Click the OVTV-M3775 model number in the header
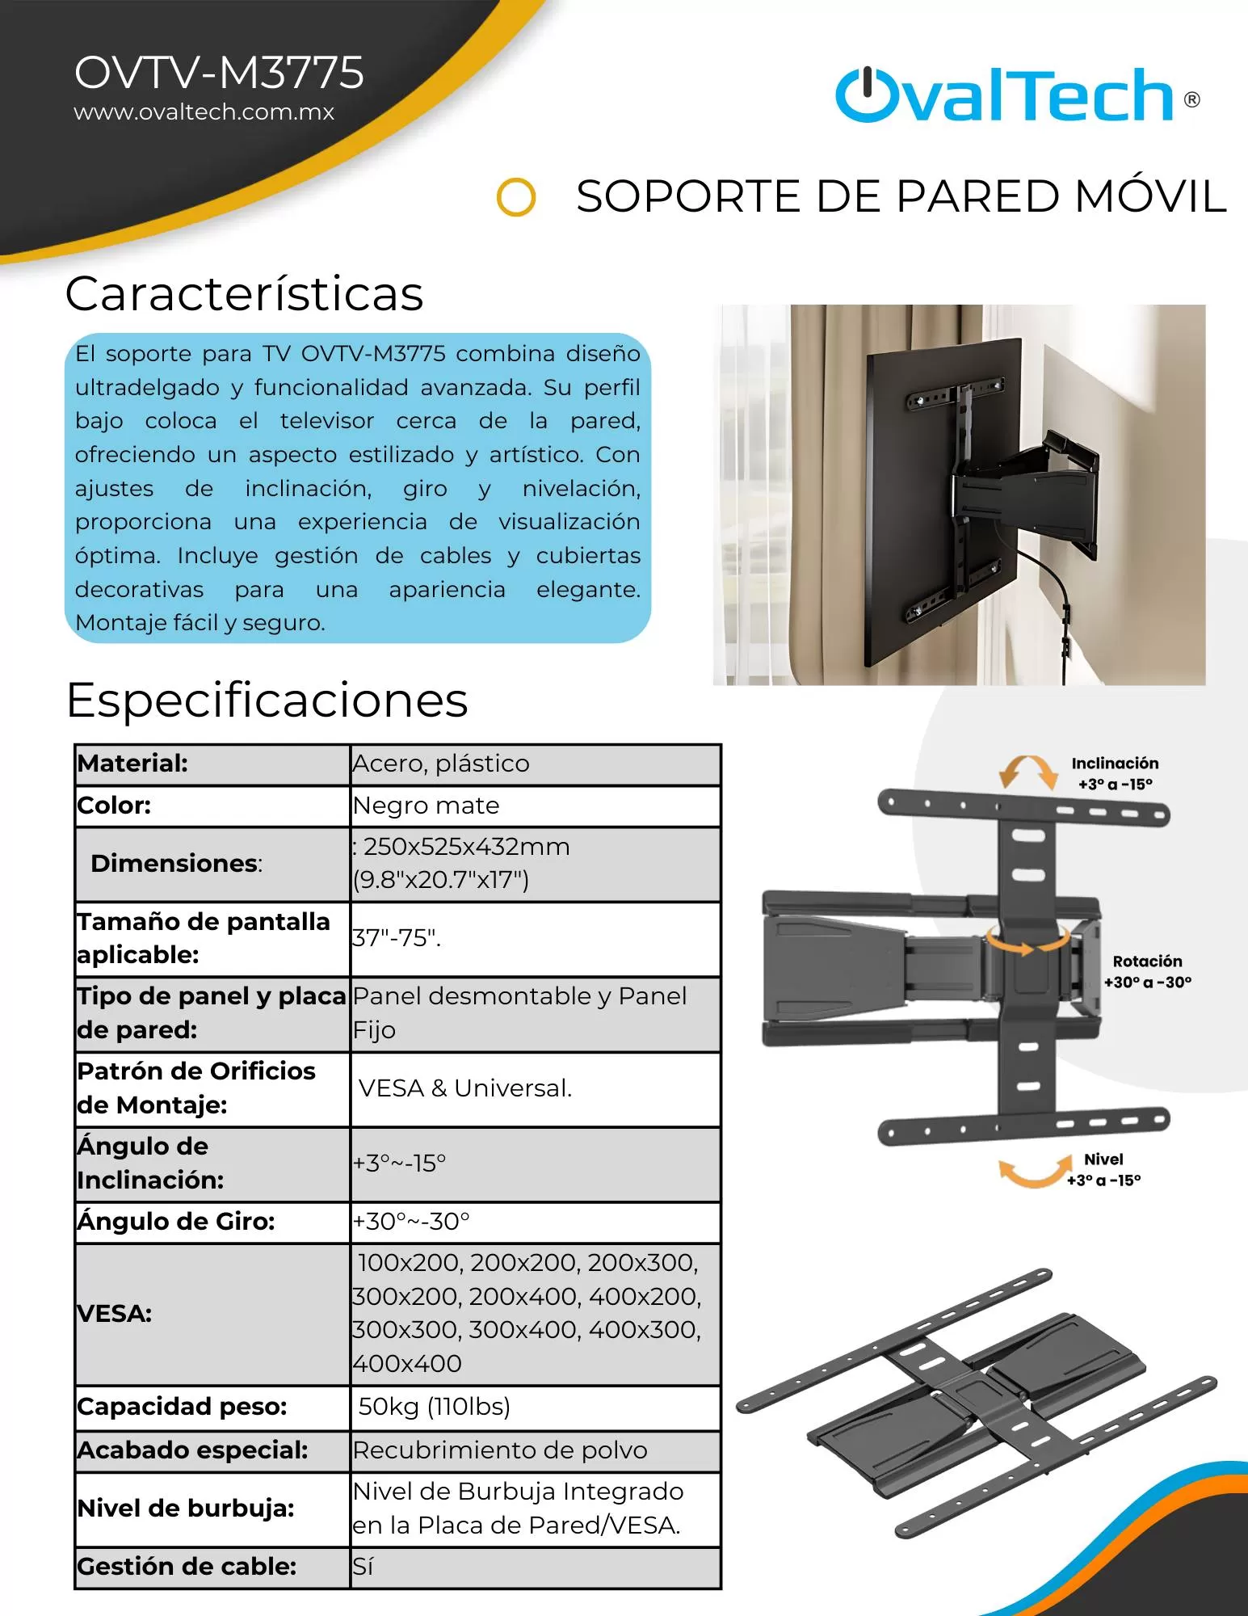pyautogui.click(x=219, y=73)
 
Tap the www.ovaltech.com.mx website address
pyautogui.click(x=204, y=112)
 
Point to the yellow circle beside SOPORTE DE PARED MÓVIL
pyautogui.click(x=516, y=197)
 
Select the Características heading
pyautogui.click(x=244, y=293)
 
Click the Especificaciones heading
pyautogui.click(x=267, y=700)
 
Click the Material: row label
pyautogui.click(x=132, y=764)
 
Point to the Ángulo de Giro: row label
pyautogui.click(x=176, y=1221)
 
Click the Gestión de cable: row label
pyautogui.click(x=187, y=1567)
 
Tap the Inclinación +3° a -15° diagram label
pyautogui.click(x=1115, y=773)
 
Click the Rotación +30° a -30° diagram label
pyautogui.click(x=1147, y=971)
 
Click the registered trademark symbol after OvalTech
pyautogui.click(x=1191, y=100)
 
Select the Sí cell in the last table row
pyautogui.click(x=363, y=1567)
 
